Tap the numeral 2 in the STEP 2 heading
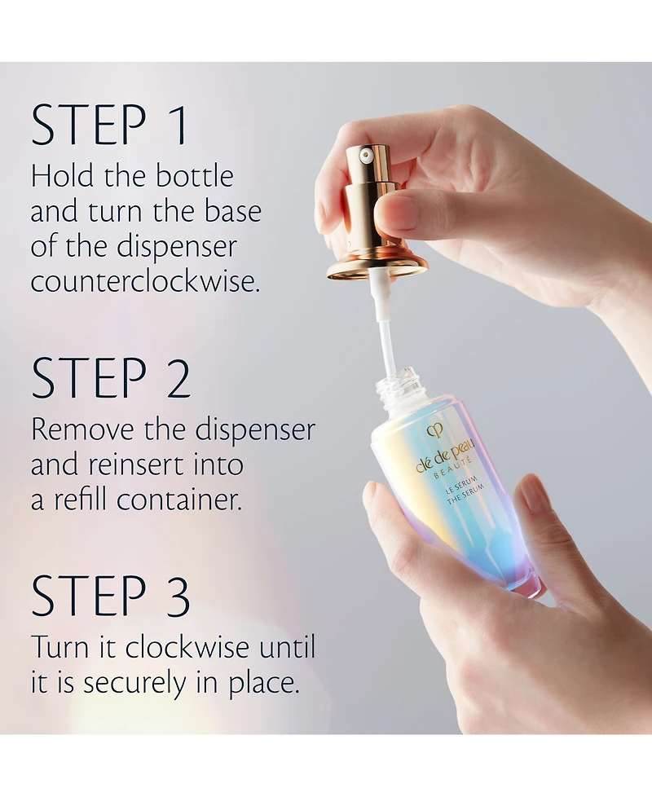point(178,377)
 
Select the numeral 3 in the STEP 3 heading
point(178,595)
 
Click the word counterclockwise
point(145,282)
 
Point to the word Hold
point(63,176)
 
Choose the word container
point(179,500)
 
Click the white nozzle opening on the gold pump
point(366,153)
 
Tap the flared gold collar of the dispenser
point(377,264)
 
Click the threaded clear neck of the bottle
point(402,385)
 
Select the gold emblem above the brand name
point(435,431)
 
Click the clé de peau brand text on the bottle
point(445,456)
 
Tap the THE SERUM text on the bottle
point(465,494)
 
